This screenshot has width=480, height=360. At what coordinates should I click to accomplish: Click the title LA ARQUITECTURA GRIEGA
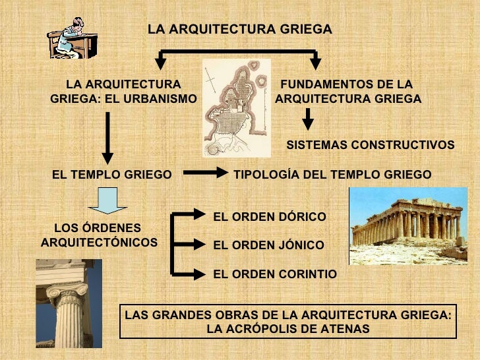click(x=239, y=30)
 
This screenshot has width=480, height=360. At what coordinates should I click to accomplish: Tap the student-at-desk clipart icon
click(x=69, y=38)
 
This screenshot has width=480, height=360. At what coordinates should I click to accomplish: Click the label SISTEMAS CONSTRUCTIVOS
click(x=370, y=144)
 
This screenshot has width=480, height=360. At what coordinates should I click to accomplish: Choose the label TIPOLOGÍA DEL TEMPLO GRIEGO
click(x=332, y=175)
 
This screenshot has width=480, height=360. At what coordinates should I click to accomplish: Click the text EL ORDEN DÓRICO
click(x=270, y=216)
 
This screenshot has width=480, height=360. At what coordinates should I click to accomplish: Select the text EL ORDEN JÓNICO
click(x=268, y=245)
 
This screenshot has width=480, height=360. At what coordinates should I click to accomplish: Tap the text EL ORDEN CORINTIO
click(x=275, y=274)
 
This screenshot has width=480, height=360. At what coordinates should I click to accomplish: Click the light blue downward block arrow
click(x=107, y=200)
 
